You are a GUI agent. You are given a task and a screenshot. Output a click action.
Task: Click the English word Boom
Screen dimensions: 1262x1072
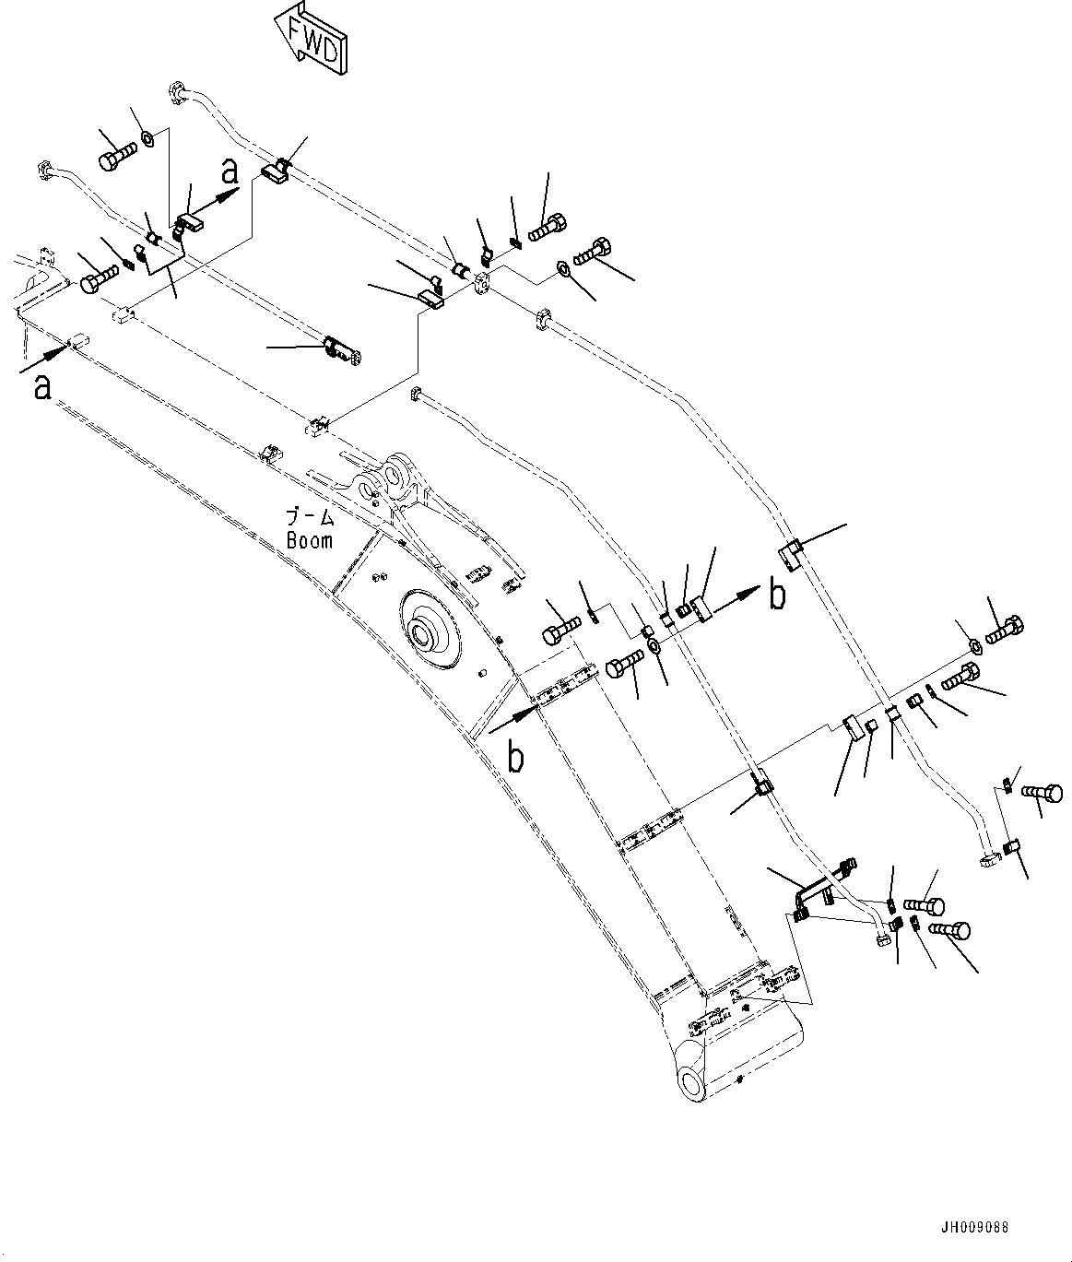(309, 540)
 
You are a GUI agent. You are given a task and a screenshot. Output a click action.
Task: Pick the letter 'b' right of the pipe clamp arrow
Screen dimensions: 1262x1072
(778, 595)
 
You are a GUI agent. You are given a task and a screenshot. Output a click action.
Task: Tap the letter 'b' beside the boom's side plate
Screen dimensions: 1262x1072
(516, 757)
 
